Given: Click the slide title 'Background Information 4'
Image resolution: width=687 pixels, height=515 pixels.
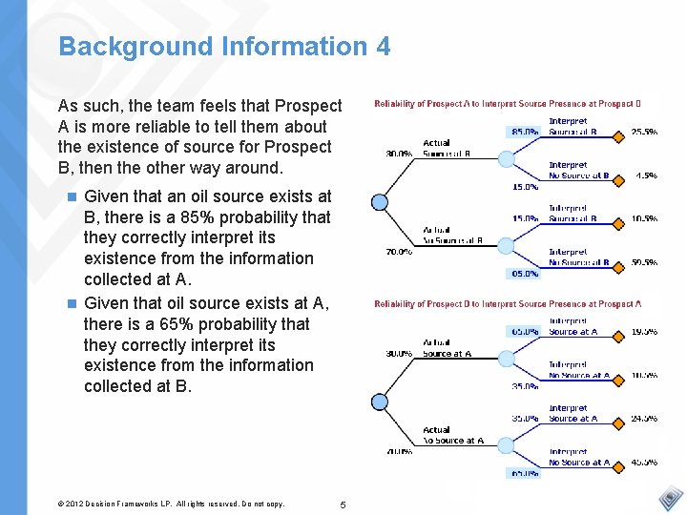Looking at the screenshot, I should [x=224, y=46].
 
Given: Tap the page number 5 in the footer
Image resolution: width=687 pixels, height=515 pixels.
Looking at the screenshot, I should [x=343, y=503].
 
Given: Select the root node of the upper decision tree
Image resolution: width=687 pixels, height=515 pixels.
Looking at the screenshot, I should [x=380, y=201].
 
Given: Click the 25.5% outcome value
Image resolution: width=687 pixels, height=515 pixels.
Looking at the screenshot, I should [x=643, y=133].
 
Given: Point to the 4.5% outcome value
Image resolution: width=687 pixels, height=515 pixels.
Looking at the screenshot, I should [x=646, y=175].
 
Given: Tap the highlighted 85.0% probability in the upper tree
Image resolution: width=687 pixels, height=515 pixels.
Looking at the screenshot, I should [x=524, y=132].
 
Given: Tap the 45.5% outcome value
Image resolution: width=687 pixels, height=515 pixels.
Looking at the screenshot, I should [x=643, y=463].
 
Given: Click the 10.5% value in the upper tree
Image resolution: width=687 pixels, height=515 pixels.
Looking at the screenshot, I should [x=643, y=218].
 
